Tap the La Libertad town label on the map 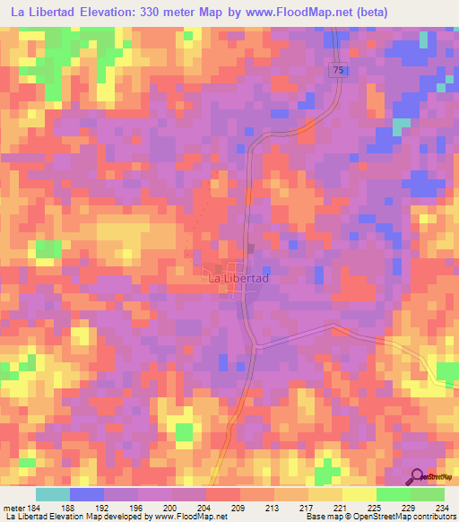pos(238,279)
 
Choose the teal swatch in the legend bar pos(53,493)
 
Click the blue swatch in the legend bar pos(87,493)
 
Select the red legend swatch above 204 pos(223,493)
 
